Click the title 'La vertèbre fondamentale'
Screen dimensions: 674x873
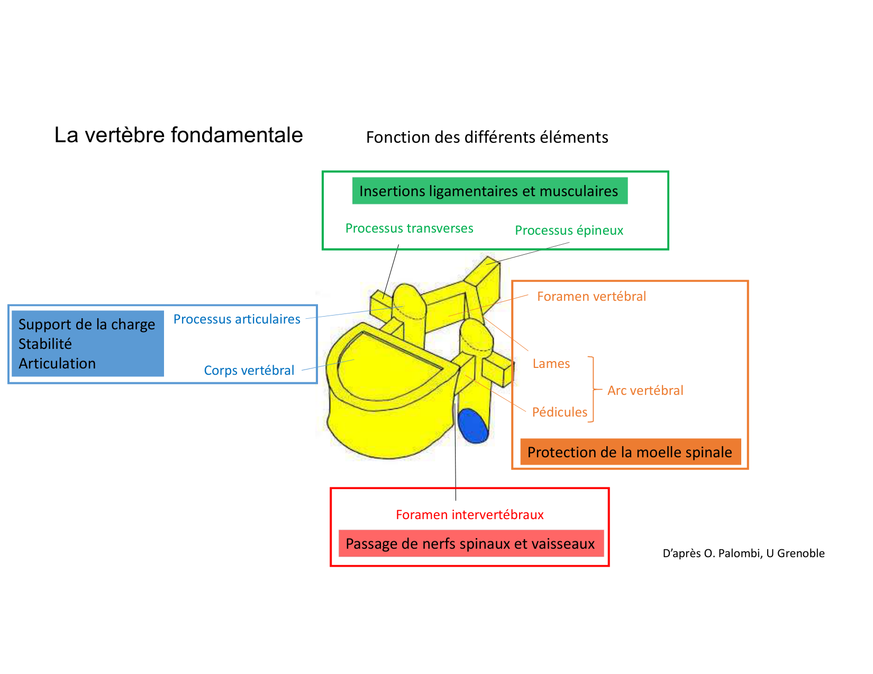click(178, 135)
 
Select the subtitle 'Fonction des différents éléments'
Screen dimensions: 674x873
click(487, 137)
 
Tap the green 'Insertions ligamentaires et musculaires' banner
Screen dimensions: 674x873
click(489, 191)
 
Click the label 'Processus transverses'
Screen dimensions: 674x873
click(409, 228)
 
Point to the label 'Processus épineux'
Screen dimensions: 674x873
click(569, 230)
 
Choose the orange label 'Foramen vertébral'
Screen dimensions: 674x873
click(591, 297)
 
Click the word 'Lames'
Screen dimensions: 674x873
click(551, 364)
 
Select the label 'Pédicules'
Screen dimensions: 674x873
click(559, 412)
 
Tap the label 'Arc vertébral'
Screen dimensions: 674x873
click(645, 391)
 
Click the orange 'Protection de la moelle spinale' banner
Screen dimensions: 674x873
click(630, 452)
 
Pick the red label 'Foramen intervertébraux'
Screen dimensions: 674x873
click(469, 515)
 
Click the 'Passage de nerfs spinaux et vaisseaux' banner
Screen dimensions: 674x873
click(470, 543)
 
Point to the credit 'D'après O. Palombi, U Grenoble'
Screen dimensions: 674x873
click(743, 553)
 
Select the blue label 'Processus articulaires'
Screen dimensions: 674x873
click(237, 319)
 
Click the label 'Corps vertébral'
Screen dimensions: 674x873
click(249, 371)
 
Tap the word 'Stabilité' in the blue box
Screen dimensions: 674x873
click(45, 344)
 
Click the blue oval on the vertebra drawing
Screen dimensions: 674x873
click(472, 426)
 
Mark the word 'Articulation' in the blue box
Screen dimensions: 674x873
click(57, 364)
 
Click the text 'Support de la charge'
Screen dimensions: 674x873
click(87, 325)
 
